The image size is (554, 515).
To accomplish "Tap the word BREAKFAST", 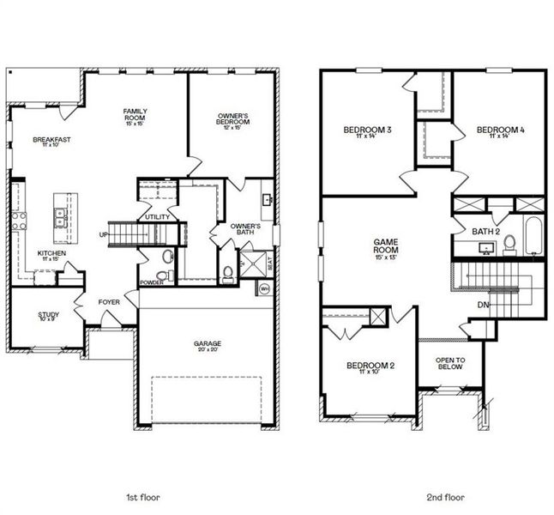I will [x=51, y=139].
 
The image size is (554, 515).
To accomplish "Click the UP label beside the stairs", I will [x=104, y=234].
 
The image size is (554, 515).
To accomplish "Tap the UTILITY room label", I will [x=157, y=217].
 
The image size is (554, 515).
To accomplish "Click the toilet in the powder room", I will [x=167, y=257].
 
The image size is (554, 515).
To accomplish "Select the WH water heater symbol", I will [x=264, y=288].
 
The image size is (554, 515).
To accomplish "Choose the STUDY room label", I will [x=49, y=315].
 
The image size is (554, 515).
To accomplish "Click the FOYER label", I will [x=109, y=301].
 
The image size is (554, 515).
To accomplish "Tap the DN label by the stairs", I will [x=483, y=304].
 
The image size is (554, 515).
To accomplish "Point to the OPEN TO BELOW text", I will [x=449, y=363].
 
